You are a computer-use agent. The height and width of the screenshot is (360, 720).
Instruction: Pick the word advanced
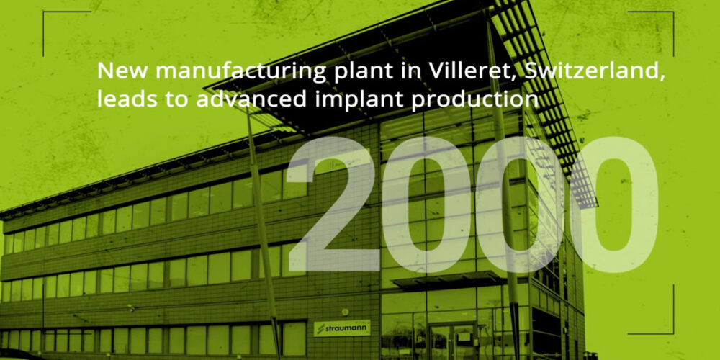pyautogui.click(x=251, y=99)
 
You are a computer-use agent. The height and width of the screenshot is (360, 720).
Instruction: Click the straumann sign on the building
pyautogui.click(x=342, y=329)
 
